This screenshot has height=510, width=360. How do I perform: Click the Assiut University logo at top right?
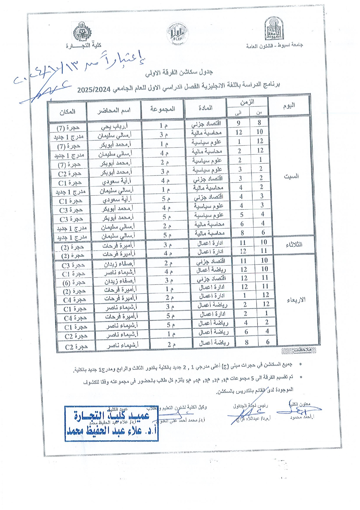(273, 29)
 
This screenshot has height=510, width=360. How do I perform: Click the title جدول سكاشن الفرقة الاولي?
(179, 73)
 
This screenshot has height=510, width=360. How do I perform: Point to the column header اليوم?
(289, 105)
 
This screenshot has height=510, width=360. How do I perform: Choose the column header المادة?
(206, 108)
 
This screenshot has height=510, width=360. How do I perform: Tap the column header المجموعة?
(163, 109)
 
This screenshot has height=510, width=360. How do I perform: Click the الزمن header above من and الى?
(247, 102)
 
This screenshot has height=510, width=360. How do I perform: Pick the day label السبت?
(291, 176)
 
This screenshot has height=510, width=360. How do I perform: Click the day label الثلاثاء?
(294, 245)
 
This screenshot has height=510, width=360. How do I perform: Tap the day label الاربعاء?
(296, 300)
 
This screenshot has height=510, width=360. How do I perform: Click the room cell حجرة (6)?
(74, 282)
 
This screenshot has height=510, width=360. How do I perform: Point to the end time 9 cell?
(238, 123)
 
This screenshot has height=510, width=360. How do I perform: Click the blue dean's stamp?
(111, 423)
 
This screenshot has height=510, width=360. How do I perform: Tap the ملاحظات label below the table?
(302, 350)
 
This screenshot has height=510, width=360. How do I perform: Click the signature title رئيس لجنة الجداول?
(250, 405)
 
